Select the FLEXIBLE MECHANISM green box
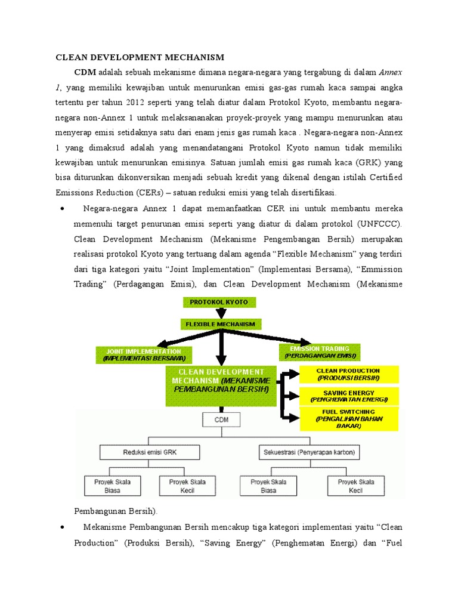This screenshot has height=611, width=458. click(221, 324)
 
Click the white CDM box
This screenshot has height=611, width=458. click(221, 419)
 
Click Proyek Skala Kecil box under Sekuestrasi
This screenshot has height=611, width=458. click(355, 486)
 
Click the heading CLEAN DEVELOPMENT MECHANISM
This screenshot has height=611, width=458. click(140, 58)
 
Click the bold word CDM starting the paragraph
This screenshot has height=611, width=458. click(85, 72)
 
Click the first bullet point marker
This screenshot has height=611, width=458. click(62, 209)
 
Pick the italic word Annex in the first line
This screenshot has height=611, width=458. click(391, 72)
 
